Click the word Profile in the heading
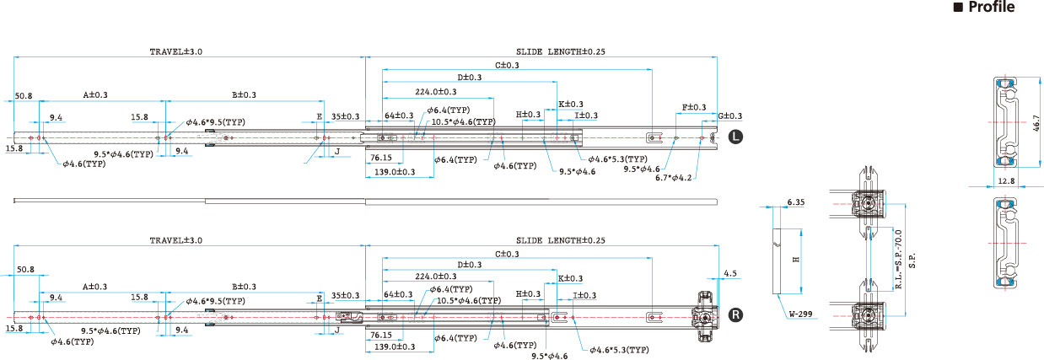click(x=992, y=7)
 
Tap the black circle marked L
click(x=735, y=137)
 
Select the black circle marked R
click(x=735, y=314)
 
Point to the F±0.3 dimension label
click(x=694, y=107)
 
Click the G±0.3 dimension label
click(x=729, y=116)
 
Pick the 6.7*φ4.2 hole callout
click(x=674, y=178)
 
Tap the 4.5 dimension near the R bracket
click(x=730, y=273)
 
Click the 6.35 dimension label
click(x=796, y=202)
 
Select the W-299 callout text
click(x=801, y=314)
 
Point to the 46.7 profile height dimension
click(x=1036, y=122)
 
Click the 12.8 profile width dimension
click(x=1006, y=181)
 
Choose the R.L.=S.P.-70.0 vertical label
click(x=899, y=260)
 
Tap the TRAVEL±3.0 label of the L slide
click(x=175, y=51)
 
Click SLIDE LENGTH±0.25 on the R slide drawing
click(x=560, y=240)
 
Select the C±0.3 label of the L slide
click(x=507, y=65)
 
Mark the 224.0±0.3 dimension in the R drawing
click(x=436, y=277)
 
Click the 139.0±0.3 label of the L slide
click(x=395, y=172)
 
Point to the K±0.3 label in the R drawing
click(x=570, y=278)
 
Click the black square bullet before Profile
click(x=958, y=8)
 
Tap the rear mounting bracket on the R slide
click(x=706, y=316)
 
